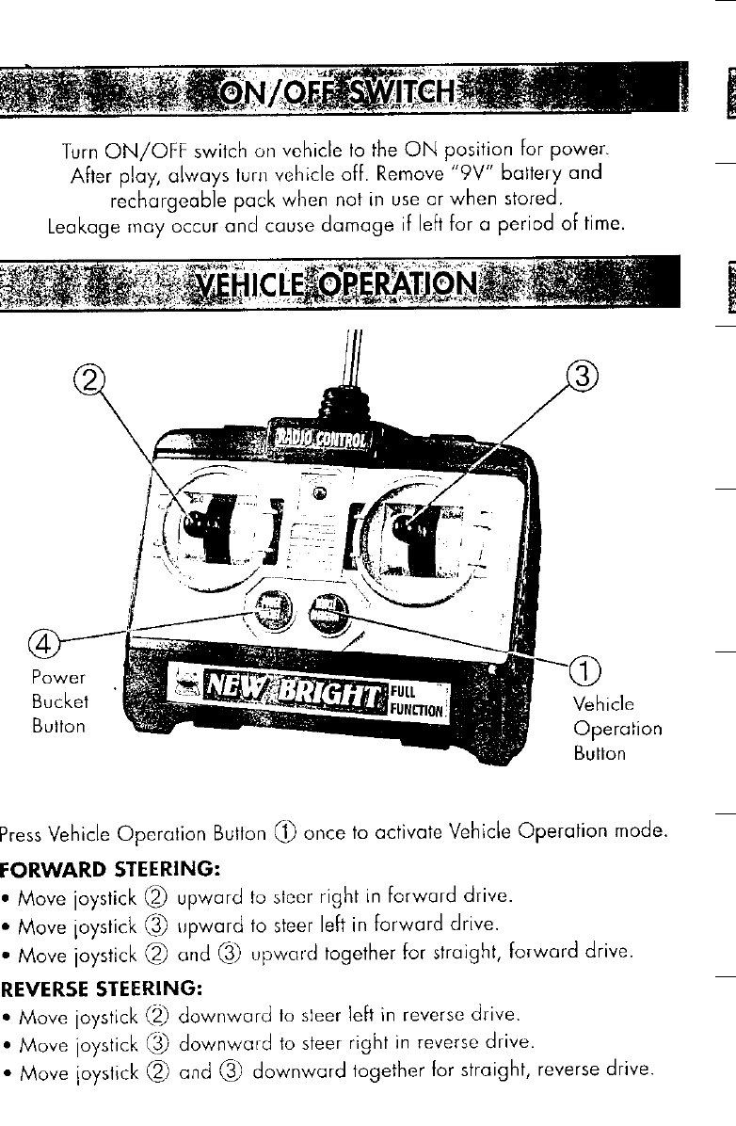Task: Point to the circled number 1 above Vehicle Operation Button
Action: coord(585,671)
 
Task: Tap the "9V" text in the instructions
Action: coord(455,175)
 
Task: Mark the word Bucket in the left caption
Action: coord(58,701)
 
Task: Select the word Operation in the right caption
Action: coord(616,729)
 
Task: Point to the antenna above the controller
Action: coord(352,348)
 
